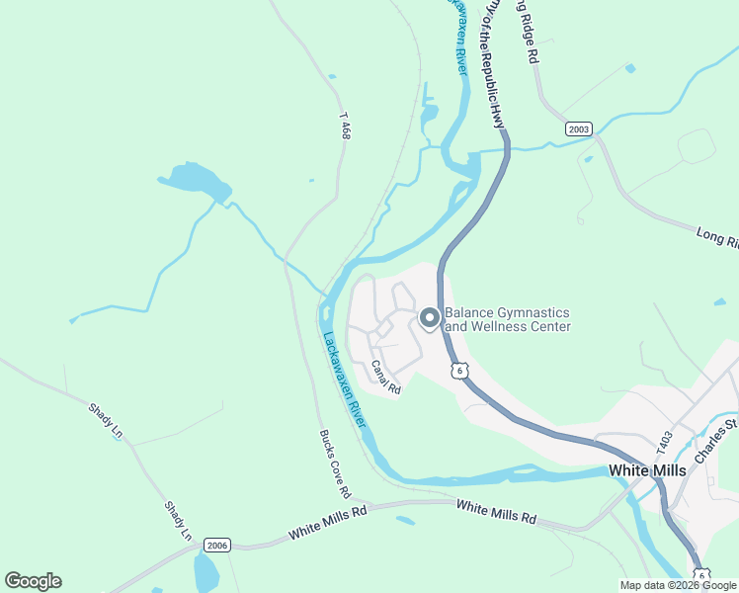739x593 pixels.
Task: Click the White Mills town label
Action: tap(647, 470)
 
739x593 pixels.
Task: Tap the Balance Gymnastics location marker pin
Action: tap(430, 318)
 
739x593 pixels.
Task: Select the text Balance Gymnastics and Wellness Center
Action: tap(508, 318)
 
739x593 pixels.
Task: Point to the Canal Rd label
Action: tap(385, 378)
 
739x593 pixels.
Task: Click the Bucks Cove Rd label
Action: tap(335, 464)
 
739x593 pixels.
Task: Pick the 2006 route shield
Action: tap(217, 545)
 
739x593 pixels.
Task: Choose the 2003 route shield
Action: tap(579, 129)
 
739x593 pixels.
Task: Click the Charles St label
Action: tap(716, 441)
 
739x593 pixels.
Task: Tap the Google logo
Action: tap(33, 581)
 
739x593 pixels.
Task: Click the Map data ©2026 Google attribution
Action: tap(678, 585)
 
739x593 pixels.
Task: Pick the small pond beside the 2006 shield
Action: tap(206, 573)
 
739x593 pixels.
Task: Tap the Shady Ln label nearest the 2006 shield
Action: tap(178, 520)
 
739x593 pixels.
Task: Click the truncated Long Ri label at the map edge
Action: tap(717, 237)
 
